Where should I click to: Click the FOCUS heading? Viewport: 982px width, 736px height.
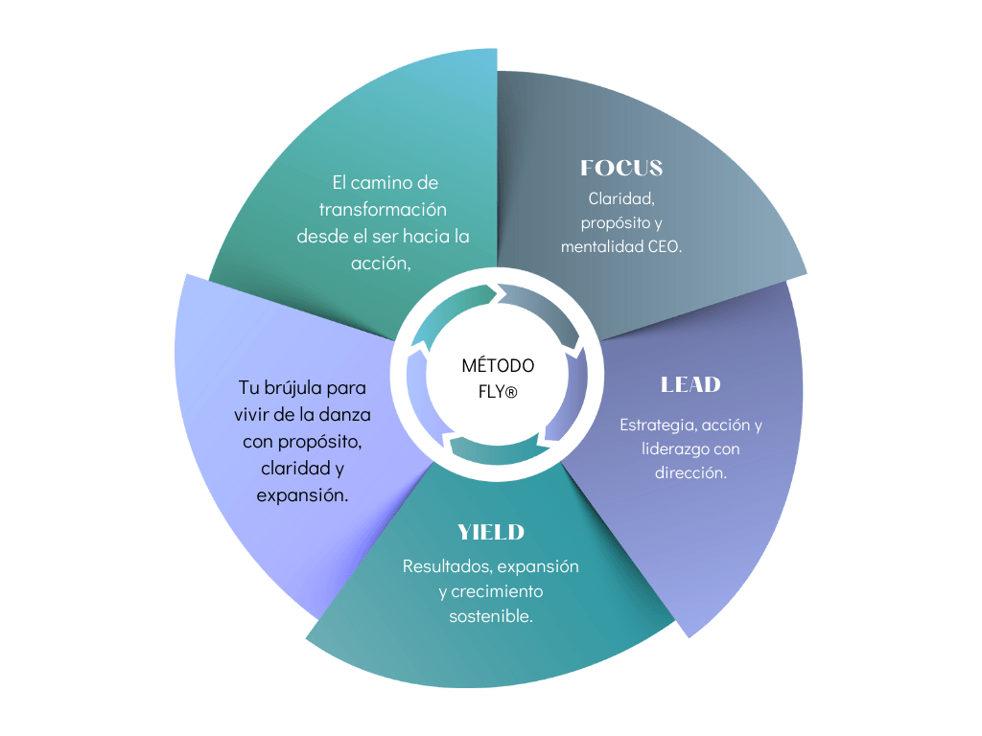coord(621,168)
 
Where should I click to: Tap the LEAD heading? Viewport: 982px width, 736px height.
coord(690,384)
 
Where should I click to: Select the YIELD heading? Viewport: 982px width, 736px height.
coord(491,532)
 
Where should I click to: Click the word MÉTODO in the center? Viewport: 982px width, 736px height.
coord(498,365)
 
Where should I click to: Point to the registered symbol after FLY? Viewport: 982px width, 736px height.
coord(511,392)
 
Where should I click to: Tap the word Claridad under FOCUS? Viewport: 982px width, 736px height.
coord(620,199)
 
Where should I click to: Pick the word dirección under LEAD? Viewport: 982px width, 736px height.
coord(690,472)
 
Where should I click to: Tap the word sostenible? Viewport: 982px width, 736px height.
coord(491,616)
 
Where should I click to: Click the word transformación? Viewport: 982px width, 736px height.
coord(384,209)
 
